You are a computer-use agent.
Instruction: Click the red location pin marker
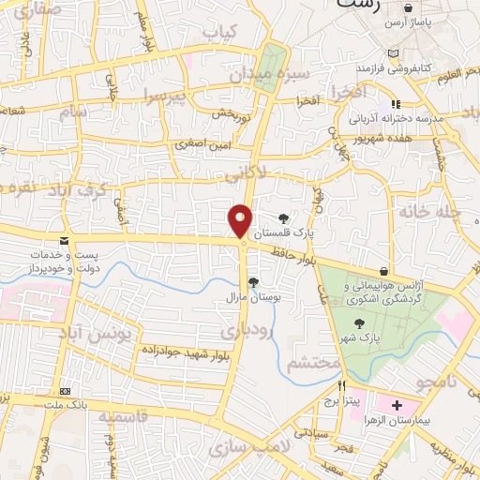241,221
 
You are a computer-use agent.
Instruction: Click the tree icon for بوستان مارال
253,280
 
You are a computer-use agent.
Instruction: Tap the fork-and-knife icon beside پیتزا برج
342,385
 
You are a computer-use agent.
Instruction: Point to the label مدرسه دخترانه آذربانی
397,120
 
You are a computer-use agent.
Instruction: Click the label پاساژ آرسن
410,22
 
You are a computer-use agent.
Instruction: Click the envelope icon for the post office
64,240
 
